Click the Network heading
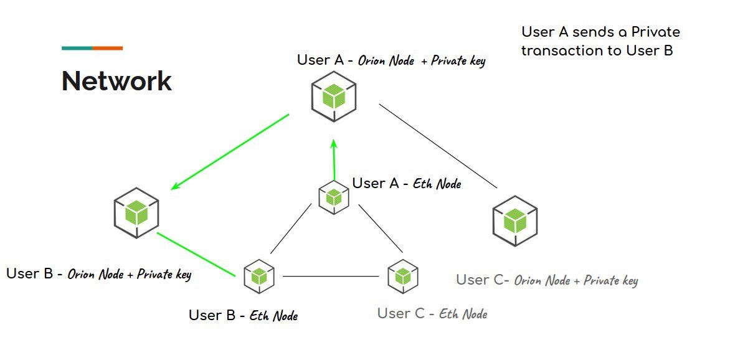[x=116, y=82]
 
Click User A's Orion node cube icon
[x=334, y=97]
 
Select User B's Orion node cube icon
[x=136, y=212]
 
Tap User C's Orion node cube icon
[x=514, y=220]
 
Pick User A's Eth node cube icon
[x=334, y=197]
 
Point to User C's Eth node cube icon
[x=402, y=275]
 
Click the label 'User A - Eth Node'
[x=407, y=183]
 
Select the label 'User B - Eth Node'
[x=243, y=315]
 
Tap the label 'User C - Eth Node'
[x=432, y=313]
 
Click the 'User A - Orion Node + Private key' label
[x=391, y=60]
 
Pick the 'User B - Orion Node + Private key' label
[x=98, y=274]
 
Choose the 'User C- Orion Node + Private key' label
[x=547, y=280]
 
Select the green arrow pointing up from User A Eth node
[x=334, y=159]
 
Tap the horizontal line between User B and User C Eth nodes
[x=331, y=276]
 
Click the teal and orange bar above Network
[x=92, y=48]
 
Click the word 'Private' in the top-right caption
[x=655, y=32]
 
